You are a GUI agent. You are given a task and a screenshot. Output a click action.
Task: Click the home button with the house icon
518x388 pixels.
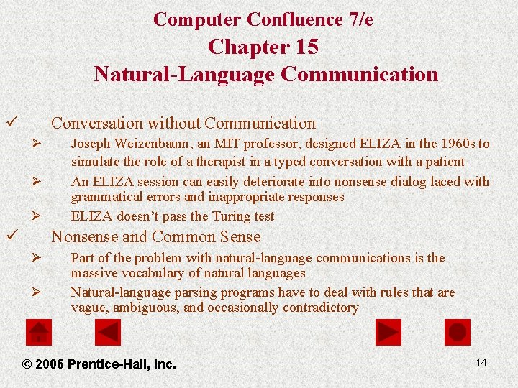coord(39,332)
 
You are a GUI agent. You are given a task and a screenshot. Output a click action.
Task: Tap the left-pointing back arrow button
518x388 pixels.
coord(108,332)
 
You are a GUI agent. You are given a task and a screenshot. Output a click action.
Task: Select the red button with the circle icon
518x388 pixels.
coord(458,332)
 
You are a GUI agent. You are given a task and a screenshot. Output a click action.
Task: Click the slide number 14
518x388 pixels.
coord(481,362)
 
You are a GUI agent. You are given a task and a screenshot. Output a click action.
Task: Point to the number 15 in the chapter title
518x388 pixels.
coord(306,47)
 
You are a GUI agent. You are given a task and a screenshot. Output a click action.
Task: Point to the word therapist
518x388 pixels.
coord(216,162)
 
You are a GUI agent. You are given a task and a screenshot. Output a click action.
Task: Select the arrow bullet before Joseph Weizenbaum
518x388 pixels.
coord(38,144)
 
